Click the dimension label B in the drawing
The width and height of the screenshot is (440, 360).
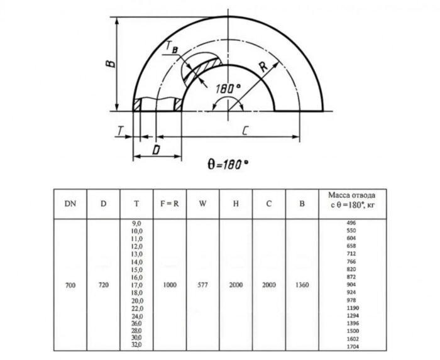(x=110, y=63)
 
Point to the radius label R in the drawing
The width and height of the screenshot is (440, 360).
(x=262, y=67)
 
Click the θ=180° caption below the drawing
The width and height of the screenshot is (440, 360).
(x=228, y=164)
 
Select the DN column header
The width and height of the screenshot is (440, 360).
(x=70, y=204)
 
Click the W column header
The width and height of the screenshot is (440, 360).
(x=202, y=204)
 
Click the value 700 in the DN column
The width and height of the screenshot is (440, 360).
(x=70, y=285)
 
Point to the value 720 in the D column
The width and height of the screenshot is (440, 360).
(x=104, y=285)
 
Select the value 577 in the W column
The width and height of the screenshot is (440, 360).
(x=202, y=285)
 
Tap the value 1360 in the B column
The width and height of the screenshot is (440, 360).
(x=302, y=285)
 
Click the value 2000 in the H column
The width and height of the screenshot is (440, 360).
(x=236, y=285)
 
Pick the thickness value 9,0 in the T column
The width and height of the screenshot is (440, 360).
(x=137, y=224)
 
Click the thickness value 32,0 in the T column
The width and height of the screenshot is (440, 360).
(x=137, y=345)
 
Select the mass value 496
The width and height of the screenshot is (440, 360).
(x=352, y=224)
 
